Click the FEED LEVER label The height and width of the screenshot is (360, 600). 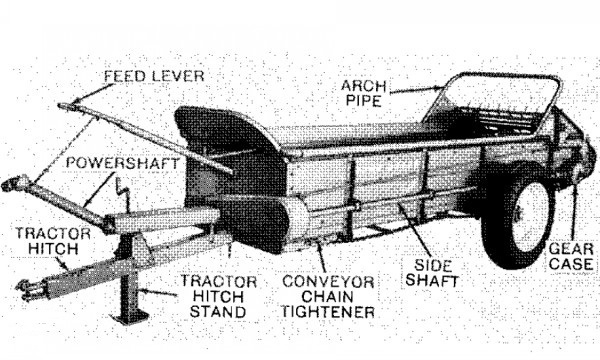coord(154,76)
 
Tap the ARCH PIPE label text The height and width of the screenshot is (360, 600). coord(364,93)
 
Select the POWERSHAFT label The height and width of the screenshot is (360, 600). coord(122,163)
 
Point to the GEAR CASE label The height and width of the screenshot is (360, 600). coord(571,256)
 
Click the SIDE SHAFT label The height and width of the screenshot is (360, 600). coord(432,273)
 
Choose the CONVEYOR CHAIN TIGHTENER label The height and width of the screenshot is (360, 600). coord(328,297)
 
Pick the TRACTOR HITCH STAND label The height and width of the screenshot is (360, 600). coord(218,296)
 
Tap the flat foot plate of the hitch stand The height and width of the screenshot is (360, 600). coord(129,317)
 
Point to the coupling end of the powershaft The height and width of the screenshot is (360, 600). coord(15,183)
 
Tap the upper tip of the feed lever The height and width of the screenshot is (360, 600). coord(61,105)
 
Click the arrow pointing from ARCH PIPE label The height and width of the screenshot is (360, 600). coord(418,90)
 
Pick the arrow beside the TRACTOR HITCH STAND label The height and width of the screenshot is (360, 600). coord(158,293)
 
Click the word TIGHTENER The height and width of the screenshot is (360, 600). coord(328,312)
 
